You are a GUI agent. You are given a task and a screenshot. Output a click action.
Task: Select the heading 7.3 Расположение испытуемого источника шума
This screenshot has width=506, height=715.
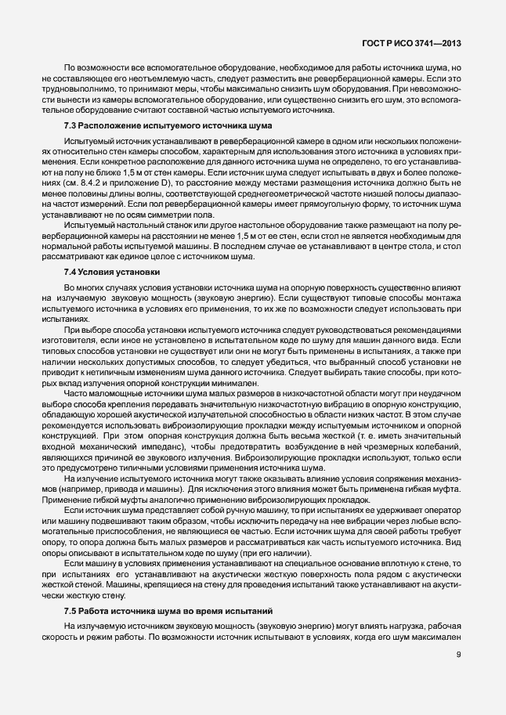point(168,126)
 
